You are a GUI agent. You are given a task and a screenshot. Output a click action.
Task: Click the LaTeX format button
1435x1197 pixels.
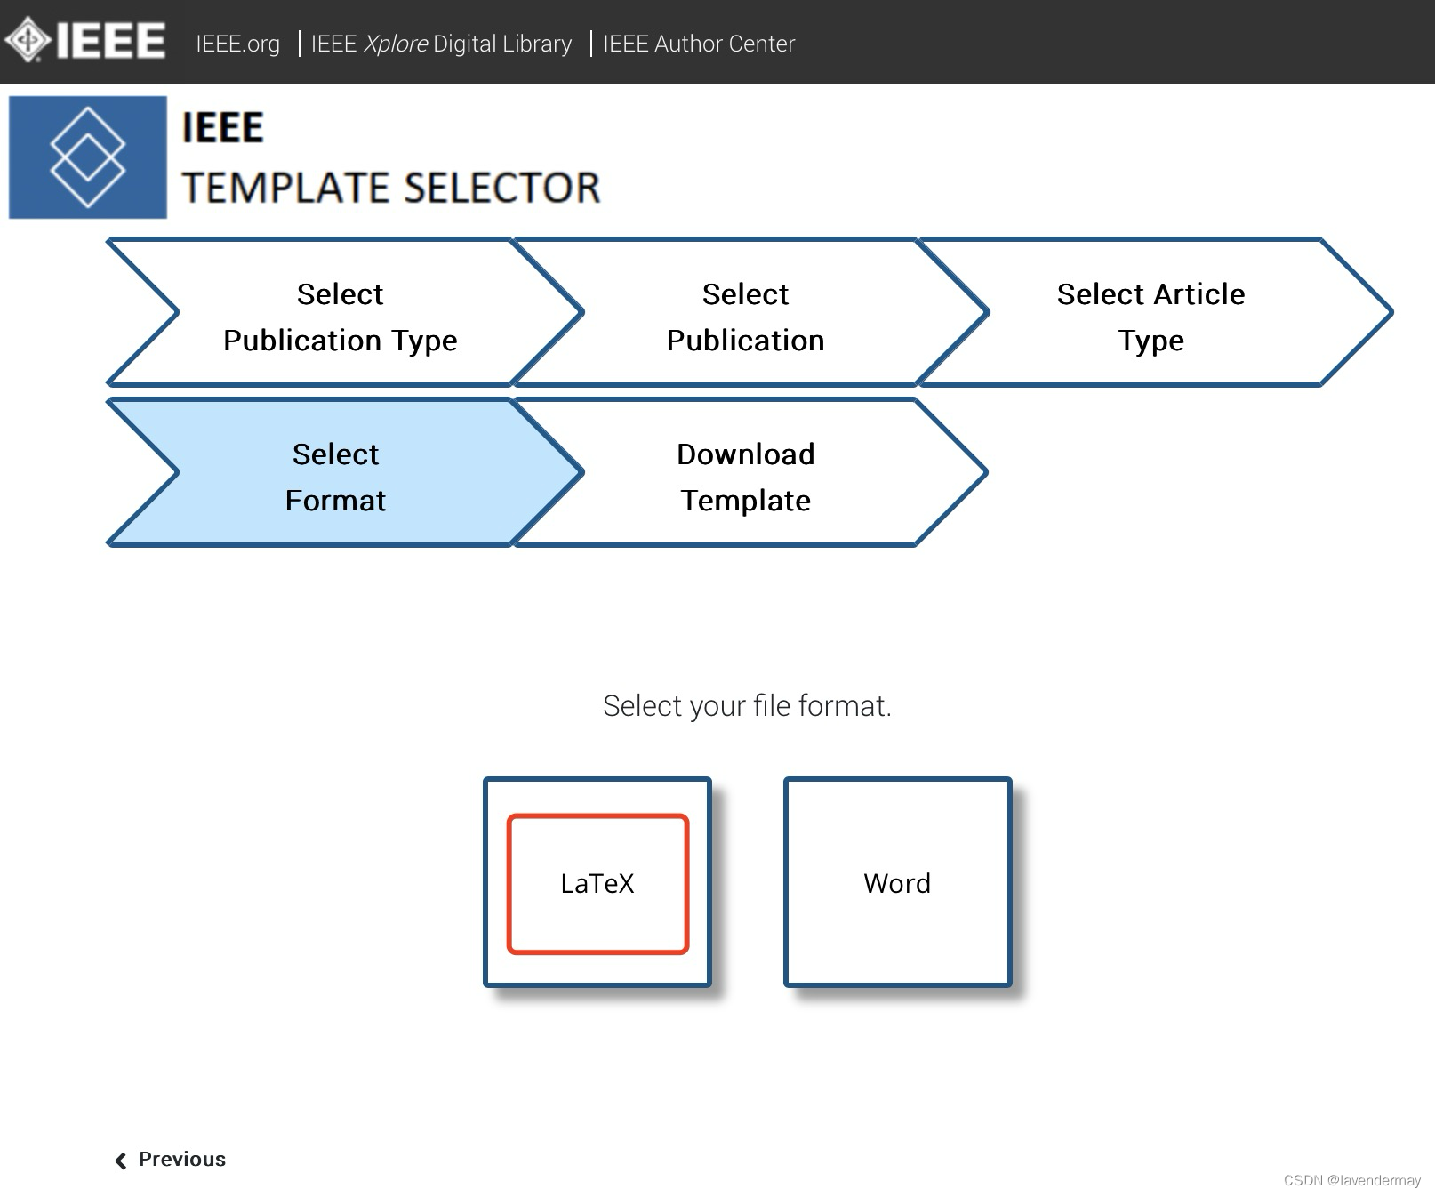(x=597, y=883)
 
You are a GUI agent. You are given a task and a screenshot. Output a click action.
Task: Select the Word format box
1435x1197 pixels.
(x=897, y=883)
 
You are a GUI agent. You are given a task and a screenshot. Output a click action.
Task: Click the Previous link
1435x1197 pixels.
(x=181, y=1159)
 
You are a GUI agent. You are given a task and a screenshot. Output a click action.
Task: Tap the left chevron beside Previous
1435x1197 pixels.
(x=121, y=1161)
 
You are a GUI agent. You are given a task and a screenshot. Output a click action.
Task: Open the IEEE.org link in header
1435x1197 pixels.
(x=237, y=44)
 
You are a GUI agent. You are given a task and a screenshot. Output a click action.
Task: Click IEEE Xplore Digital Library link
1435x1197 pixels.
(x=441, y=44)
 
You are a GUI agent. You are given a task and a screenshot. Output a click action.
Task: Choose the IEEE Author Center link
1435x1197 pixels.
(x=699, y=44)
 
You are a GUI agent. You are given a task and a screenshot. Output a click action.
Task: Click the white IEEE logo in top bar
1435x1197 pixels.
(x=85, y=40)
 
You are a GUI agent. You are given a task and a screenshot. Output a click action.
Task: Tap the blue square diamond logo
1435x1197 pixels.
(x=87, y=157)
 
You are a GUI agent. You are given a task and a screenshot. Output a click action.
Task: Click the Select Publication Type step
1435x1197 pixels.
(x=340, y=317)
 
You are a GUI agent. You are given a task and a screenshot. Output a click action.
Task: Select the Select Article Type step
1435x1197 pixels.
(x=1150, y=317)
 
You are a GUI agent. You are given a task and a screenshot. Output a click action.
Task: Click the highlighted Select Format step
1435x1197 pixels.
(x=335, y=477)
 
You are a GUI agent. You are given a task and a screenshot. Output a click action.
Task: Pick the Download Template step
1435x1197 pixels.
(x=745, y=477)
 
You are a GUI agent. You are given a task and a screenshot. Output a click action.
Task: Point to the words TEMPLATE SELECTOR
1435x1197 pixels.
(x=391, y=189)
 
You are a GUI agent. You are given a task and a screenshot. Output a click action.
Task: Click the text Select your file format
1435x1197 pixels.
(x=747, y=706)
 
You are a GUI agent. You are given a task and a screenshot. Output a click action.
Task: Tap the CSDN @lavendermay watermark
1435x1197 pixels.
(x=1351, y=1180)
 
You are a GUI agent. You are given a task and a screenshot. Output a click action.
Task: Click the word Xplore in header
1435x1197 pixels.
(x=396, y=44)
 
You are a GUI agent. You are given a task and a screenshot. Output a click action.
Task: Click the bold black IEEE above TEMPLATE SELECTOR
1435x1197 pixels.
(x=223, y=128)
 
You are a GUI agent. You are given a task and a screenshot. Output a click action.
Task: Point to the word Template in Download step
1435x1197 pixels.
(x=745, y=501)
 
